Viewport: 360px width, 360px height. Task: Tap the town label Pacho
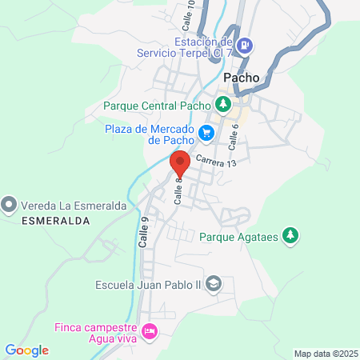click(x=241, y=78)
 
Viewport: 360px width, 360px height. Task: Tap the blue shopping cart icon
click(x=207, y=133)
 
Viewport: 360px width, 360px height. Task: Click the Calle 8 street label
click(x=180, y=190)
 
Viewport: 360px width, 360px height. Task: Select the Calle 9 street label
click(x=144, y=231)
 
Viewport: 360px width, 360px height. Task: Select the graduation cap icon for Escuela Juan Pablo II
click(x=213, y=282)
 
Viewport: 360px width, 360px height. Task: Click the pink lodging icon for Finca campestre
click(x=148, y=330)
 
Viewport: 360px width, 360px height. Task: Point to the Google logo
click(x=26, y=350)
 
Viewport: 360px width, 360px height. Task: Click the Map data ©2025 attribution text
click(x=325, y=354)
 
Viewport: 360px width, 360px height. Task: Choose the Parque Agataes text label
click(x=240, y=236)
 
